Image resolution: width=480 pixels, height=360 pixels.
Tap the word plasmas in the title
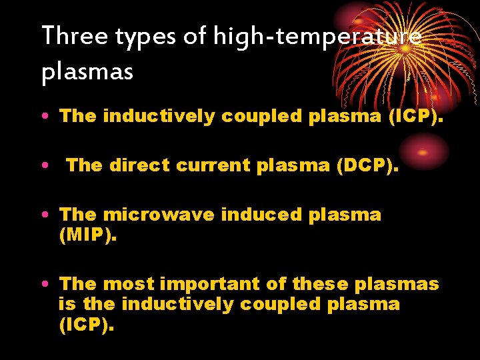[87, 71]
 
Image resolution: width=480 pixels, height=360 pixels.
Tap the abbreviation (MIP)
[87, 235]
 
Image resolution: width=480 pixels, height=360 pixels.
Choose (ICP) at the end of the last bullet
[87, 326]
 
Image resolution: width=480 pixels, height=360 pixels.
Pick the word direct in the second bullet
[140, 165]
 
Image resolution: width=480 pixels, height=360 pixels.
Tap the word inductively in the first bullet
[159, 116]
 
